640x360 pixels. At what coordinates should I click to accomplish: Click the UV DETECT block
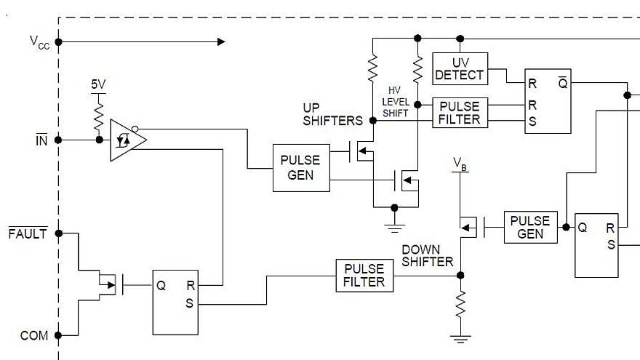click(x=460, y=68)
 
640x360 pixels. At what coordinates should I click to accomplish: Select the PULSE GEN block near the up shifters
click(x=300, y=168)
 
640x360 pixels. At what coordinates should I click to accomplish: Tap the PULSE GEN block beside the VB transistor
click(x=530, y=227)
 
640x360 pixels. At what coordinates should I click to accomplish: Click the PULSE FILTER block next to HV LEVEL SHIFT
click(x=460, y=112)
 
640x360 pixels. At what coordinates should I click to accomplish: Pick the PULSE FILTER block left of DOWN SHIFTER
click(x=364, y=275)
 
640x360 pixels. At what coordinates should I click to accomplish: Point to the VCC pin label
click(x=40, y=41)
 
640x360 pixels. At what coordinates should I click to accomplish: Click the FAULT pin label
click(x=28, y=233)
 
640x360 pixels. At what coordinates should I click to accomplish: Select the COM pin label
click(x=34, y=335)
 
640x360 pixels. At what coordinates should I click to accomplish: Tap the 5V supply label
click(x=98, y=84)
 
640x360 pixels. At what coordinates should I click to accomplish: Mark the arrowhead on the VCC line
click(x=220, y=41)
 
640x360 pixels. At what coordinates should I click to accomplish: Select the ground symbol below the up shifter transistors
click(x=394, y=218)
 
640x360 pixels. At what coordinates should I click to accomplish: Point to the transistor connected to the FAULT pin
click(x=109, y=284)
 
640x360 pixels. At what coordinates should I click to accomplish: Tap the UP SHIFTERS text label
click(x=332, y=114)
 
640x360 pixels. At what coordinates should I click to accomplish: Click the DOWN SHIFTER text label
click(x=428, y=255)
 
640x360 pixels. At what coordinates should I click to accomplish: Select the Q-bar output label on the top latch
click(x=563, y=84)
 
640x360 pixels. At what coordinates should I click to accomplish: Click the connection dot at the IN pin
click(x=59, y=140)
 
